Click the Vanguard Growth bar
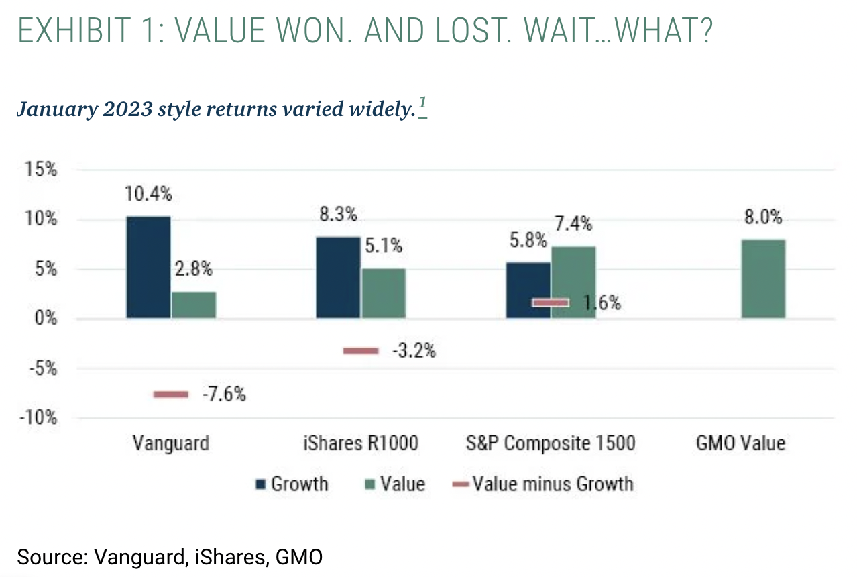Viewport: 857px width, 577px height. point(148,267)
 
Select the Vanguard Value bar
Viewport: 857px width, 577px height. point(194,305)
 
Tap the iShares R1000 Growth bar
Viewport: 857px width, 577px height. point(338,277)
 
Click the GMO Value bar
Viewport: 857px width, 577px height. point(763,278)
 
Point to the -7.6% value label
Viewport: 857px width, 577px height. point(225,395)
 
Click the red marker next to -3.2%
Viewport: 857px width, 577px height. point(361,351)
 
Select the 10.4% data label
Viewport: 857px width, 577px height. point(148,195)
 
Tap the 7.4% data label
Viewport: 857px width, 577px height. point(573,224)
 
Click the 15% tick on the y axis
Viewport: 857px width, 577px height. point(42,170)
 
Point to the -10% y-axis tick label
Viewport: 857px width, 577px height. point(38,418)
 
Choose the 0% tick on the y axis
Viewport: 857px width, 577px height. point(46,319)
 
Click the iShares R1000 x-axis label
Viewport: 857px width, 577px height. point(361,443)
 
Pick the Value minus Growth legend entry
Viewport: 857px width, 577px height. point(545,484)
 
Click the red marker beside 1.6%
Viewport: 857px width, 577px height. point(551,303)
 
